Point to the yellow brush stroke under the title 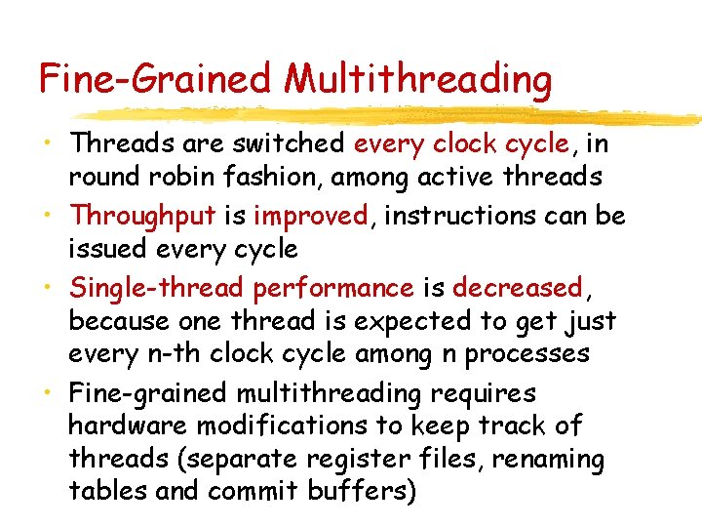[487, 114]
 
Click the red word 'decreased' [517, 288]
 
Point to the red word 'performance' [333, 288]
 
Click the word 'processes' [527, 353]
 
